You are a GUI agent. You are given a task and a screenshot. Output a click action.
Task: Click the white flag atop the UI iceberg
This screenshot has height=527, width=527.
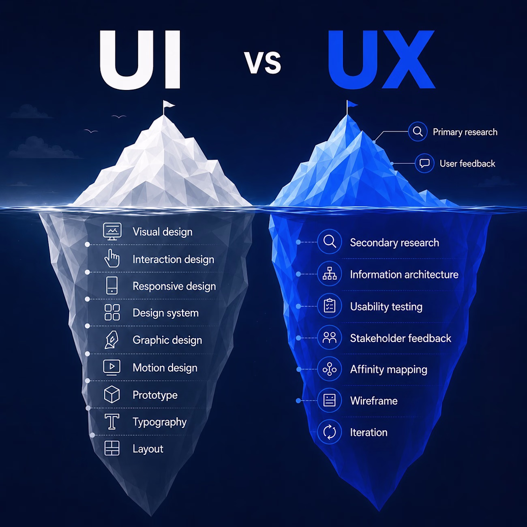[x=169, y=105]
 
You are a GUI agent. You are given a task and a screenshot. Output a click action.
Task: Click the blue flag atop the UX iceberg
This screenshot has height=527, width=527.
[x=352, y=104]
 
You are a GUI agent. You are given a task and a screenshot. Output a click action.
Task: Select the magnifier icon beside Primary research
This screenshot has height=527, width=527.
[x=418, y=131]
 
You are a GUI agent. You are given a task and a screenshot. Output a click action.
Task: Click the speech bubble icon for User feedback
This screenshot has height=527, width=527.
[x=424, y=163]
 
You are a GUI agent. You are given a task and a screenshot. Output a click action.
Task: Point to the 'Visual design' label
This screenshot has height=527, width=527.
[x=163, y=232]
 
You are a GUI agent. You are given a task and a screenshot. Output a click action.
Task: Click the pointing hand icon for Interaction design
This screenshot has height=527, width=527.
[x=112, y=258]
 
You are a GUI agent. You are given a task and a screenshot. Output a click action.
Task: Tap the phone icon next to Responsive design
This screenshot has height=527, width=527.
[x=111, y=285]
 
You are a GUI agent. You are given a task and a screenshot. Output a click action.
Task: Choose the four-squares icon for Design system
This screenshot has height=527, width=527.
[x=112, y=312]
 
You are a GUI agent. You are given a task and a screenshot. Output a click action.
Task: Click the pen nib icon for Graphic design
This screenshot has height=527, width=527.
[x=111, y=340]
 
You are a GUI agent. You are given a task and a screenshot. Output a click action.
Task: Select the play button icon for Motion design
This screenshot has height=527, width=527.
[x=111, y=367]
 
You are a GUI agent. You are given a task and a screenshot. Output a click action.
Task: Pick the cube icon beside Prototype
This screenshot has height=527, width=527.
[x=112, y=394]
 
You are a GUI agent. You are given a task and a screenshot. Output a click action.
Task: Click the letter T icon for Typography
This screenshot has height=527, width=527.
[x=112, y=422]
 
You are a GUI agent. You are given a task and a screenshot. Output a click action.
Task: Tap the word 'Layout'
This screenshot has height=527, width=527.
[x=148, y=449]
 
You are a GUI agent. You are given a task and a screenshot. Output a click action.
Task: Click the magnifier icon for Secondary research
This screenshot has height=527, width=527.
[x=330, y=242]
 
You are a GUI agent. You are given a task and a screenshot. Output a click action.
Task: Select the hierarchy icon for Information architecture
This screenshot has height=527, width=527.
[x=330, y=274]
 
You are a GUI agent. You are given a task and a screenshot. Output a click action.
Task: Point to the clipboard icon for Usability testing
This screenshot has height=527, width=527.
[x=330, y=306]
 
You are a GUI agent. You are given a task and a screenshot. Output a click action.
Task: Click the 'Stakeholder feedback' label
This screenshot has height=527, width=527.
[x=401, y=338]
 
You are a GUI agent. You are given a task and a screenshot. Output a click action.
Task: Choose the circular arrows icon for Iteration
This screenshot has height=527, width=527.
[x=330, y=432]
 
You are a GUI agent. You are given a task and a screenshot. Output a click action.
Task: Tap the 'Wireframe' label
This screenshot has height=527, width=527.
[x=374, y=401]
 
